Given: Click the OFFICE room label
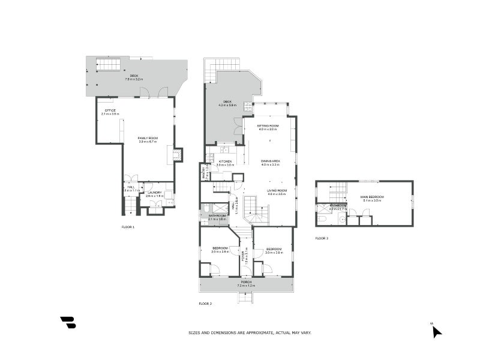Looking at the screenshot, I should [x=110, y=110].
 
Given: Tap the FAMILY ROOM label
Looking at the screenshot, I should [x=148, y=138].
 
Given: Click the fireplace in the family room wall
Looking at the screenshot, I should [x=176, y=155].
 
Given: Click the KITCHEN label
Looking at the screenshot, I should [x=225, y=161].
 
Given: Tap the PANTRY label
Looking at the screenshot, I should [x=204, y=173].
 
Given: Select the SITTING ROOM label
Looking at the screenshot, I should [x=268, y=125].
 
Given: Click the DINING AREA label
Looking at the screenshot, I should [x=271, y=161].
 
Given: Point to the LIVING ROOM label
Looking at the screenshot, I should [x=277, y=191].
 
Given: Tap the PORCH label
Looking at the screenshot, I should [x=246, y=281].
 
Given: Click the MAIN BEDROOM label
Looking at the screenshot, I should [x=372, y=197].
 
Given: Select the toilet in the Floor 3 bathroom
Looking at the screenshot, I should [x=322, y=219].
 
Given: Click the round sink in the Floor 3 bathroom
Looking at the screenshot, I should [x=342, y=219].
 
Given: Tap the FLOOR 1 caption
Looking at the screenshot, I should [x=128, y=227].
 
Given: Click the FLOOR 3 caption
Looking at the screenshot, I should [x=322, y=238].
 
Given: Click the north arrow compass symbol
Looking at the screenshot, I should [x=437, y=331].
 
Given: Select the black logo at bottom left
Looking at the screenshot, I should [x=68, y=322].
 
